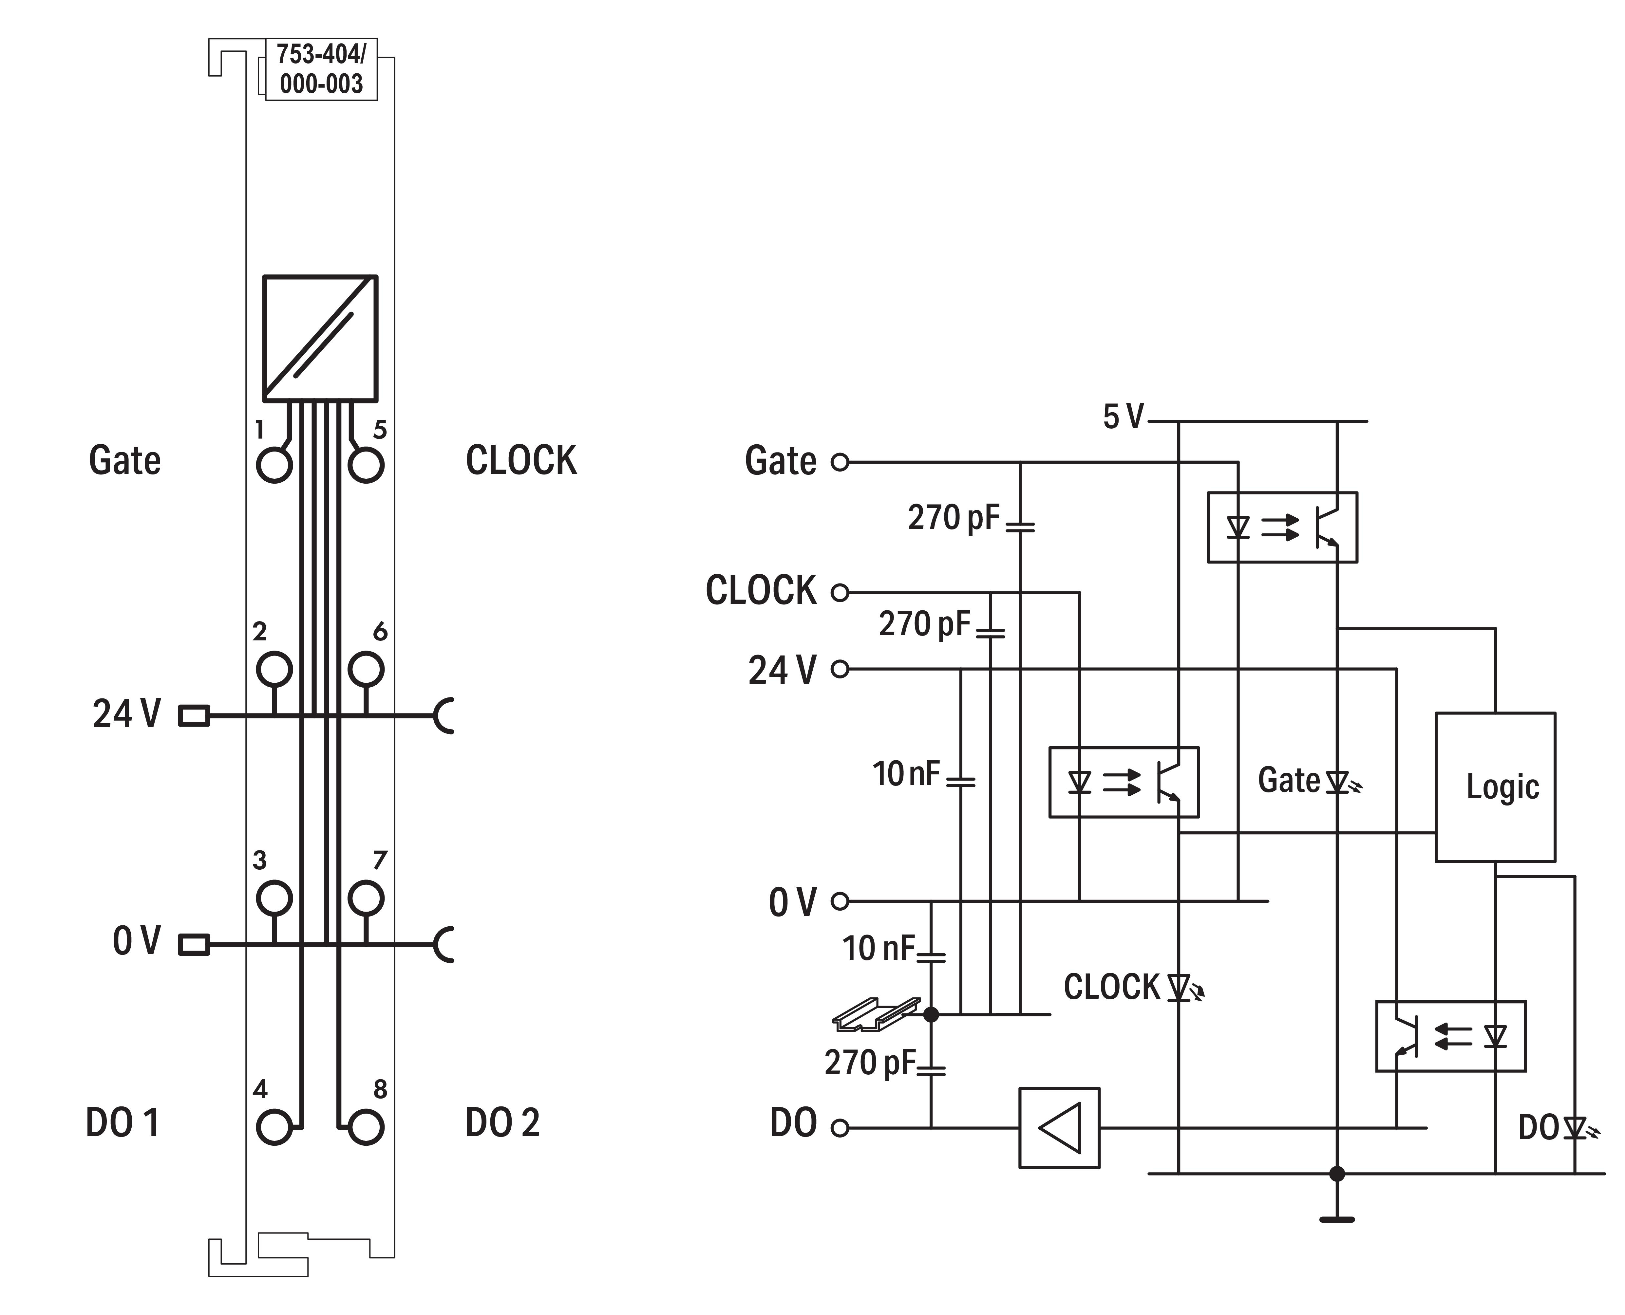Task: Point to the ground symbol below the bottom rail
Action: (x=1337, y=1220)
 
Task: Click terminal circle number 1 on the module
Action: (x=274, y=465)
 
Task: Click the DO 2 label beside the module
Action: (x=502, y=1122)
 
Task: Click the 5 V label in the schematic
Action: (x=1123, y=417)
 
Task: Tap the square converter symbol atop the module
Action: (x=320, y=339)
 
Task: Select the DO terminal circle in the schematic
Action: (x=840, y=1128)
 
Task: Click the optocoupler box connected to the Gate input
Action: (x=1282, y=527)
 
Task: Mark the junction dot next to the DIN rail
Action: (x=931, y=1014)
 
